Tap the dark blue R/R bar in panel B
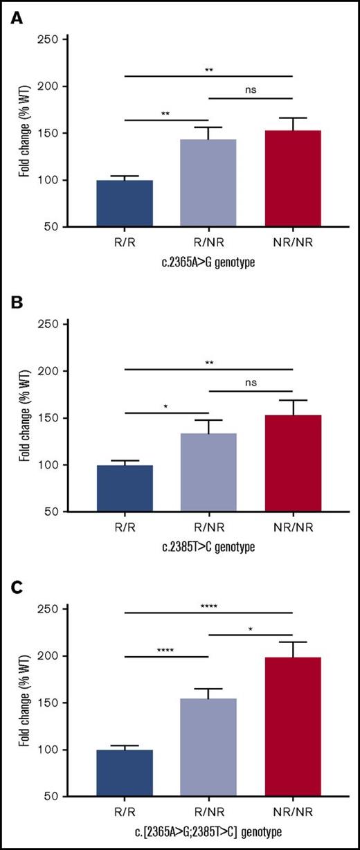click(x=125, y=488)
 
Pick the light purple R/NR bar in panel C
click(x=208, y=748)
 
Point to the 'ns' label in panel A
click(x=251, y=90)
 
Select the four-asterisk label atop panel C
click(x=209, y=604)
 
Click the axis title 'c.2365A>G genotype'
click(x=208, y=261)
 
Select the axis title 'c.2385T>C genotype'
click(x=208, y=546)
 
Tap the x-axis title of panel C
click(x=208, y=831)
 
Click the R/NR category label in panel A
click(x=208, y=242)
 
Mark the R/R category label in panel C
click(x=125, y=813)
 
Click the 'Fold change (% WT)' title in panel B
click(x=25, y=418)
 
